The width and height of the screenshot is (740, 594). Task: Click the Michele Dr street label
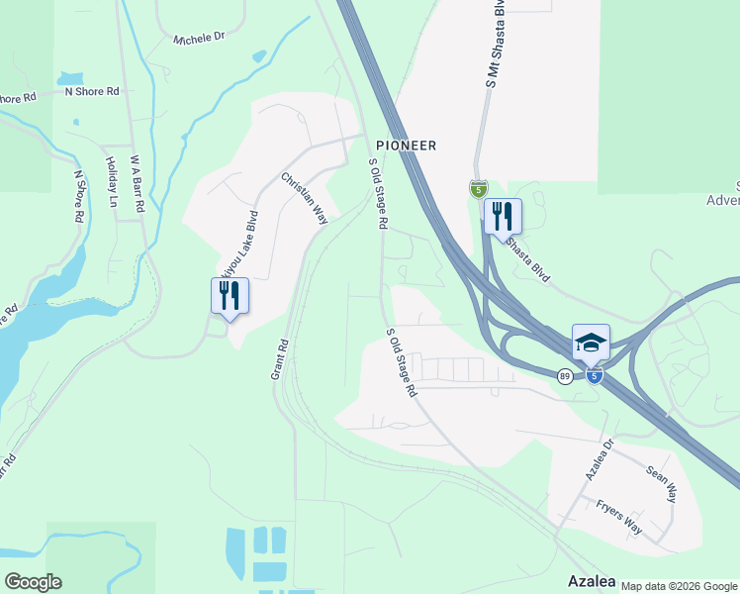(x=199, y=38)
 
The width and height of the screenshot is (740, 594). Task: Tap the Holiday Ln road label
(x=112, y=183)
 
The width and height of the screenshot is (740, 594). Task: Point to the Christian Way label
(x=304, y=198)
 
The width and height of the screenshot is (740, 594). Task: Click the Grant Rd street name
(x=279, y=360)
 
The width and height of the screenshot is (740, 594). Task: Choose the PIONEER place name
(x=405, y=145)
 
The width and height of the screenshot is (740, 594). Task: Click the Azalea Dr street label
(x=599, y=459)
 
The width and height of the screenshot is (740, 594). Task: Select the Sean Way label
(x=661, y=485)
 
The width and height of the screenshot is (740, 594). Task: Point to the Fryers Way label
(x=618, y=518)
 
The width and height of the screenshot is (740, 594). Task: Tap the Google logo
(x=33, y=582)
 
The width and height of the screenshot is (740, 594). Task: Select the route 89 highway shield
(x=564, y=376)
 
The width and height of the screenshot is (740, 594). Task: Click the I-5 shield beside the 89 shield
(x=593, y=376)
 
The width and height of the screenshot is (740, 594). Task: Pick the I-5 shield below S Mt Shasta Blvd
(x=479, y=188)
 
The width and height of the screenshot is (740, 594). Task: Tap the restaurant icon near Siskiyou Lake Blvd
(x=230, y=294)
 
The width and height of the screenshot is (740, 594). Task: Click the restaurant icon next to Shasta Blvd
(x=503, y=215)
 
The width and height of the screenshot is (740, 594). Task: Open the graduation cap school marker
(x=591, y=343)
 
